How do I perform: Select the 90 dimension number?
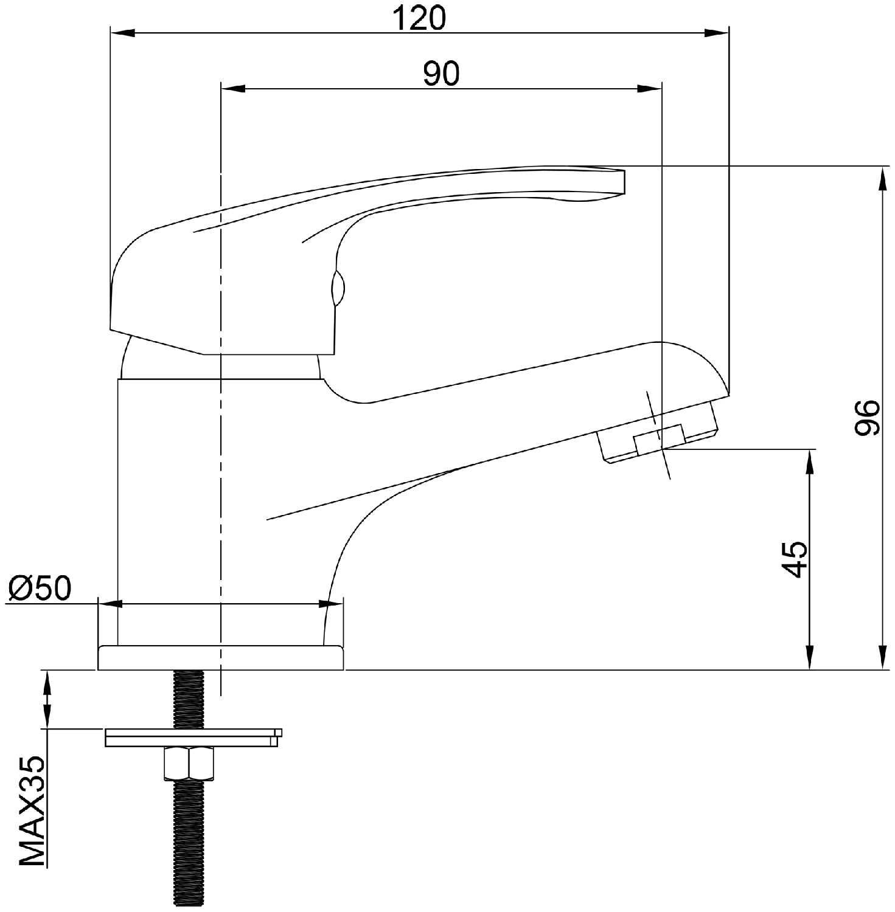click(x=442, y=74)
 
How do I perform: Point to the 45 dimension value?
click(x=795, y=558)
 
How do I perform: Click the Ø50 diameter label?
click(x=40, y=587)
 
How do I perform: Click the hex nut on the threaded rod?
click(x=189, y=763)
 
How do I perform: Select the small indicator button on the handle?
click(x=338, y=288)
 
